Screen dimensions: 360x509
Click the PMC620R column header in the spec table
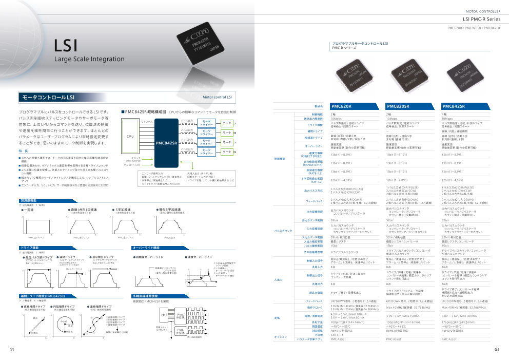pyautogui.click(x=341, y=106)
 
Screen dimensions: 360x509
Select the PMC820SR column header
pyautogui.click(x=397, y=106)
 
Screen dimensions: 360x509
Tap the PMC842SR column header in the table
pyautogui.click(x=453, y=106)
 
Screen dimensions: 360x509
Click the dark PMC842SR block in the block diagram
pyautogui.click(x=167, y=142)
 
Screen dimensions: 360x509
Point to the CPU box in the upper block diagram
pyautogui.click(x=130, y=137)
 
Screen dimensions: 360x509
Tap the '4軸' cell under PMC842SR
pyautogui.click(x=444, y=114)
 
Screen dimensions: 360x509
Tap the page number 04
pyautogui.click(x=497, y=350)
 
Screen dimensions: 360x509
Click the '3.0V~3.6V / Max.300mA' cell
pyautogui.click(x=459, y=316)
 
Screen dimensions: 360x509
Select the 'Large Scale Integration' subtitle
pyautogui.click(x=90, y=59)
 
